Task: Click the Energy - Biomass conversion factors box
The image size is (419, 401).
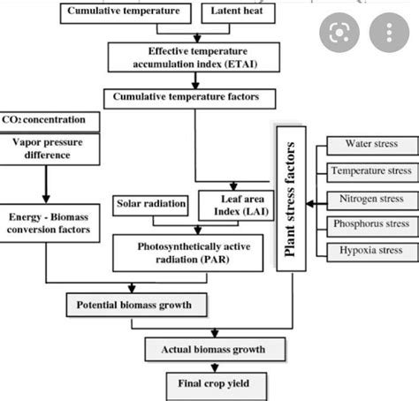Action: coord(50,225)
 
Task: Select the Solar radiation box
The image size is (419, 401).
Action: coord(151,205)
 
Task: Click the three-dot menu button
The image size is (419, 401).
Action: coord(386,34)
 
